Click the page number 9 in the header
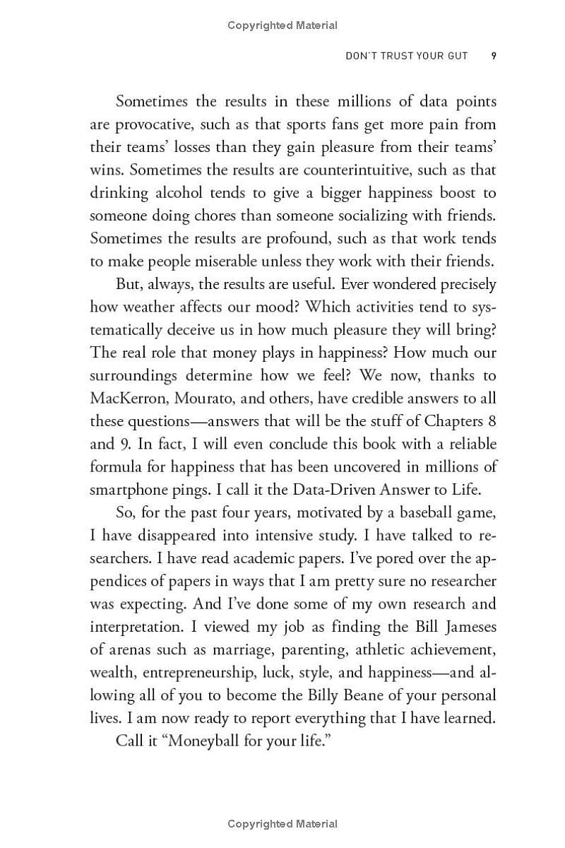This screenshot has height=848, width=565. pos(494,56)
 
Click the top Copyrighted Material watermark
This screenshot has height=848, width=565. pos(282,25)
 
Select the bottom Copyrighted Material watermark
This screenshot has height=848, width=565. pos(282,823)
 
